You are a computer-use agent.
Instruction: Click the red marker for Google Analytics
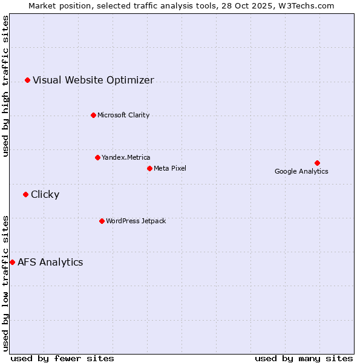click(317, 163)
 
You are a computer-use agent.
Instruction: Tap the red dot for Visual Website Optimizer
click(27, 80)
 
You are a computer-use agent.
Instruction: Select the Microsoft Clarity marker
click(93, 115)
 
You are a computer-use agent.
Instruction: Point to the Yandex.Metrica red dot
click(97, 157)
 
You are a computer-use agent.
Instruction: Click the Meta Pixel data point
click(149, 168)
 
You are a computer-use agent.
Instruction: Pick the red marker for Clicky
click(25, 194)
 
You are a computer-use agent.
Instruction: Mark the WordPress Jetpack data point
click(102, 221)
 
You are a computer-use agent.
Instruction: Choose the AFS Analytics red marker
click(12, 262)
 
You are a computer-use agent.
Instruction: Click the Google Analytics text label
click(301, 171)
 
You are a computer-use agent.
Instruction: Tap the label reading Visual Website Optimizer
click(93, 80)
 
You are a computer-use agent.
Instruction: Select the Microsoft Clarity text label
click(123, 115)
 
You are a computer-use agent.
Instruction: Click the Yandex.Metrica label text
click(126, 157)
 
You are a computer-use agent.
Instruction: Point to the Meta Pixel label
click(170, 168)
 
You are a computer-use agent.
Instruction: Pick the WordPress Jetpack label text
click(136, 221)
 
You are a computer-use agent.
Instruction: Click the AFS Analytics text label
click(50, 262)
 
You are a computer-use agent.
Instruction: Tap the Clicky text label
click(45, 194)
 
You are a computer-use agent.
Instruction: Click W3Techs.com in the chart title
click(312, 5)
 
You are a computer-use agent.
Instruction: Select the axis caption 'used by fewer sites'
click(62, 358)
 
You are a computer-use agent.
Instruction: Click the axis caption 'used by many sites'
click(304, 358)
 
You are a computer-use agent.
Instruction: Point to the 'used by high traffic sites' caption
click(5, 86)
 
